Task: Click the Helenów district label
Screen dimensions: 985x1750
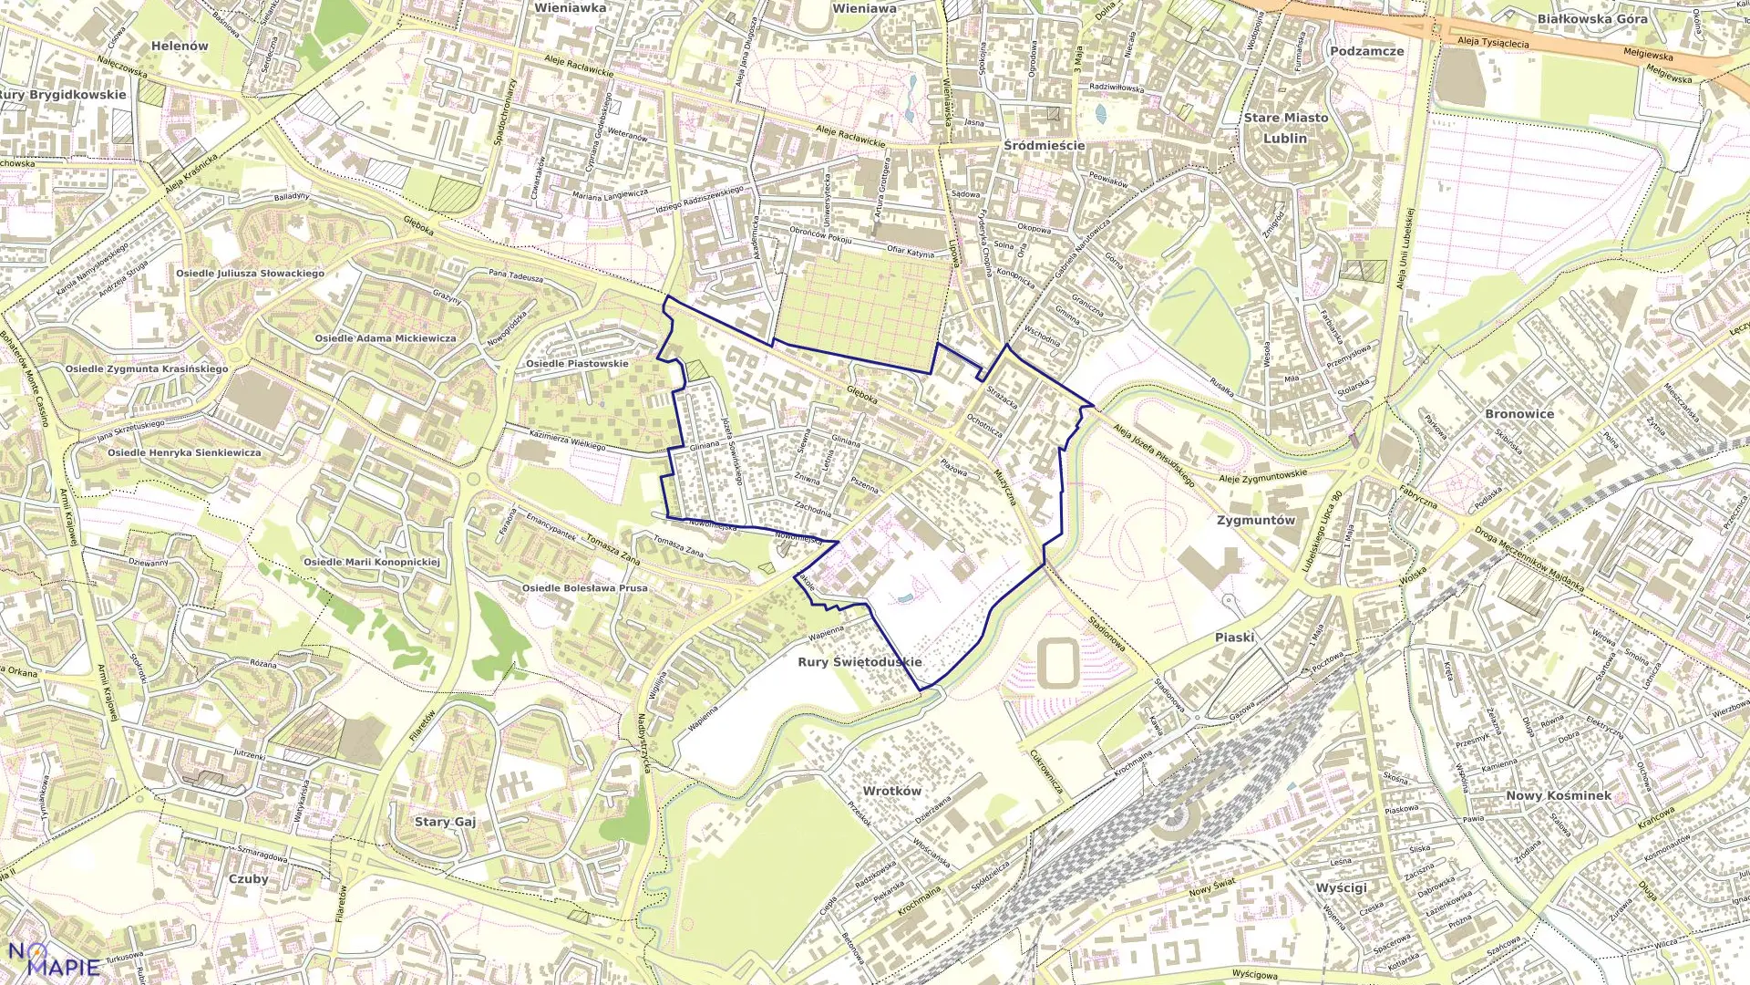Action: coord(180,46)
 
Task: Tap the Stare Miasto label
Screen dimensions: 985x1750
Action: coord(1285,118)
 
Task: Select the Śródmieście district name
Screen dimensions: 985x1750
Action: coord(1044,145)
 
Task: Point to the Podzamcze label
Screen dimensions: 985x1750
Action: coord(1366,51)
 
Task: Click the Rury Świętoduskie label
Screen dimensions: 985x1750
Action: coord(860,662)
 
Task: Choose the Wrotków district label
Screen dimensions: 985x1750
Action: coord(891,791)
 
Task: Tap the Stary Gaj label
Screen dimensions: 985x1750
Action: coord(445,822)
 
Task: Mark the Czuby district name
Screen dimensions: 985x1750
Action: coord(248,879)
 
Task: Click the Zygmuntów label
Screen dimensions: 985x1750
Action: coord(1255,520)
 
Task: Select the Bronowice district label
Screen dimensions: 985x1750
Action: coord(1518,414)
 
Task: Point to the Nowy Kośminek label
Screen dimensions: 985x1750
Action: coord(1558,795)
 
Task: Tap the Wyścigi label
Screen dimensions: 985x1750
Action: coord(1341,887)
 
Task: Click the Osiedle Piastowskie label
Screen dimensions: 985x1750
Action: coord(577,364)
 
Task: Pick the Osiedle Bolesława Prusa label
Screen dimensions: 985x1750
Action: coord(584,588)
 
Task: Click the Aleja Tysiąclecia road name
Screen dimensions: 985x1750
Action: coord(1492,42)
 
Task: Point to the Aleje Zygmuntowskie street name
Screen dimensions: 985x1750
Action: coord(1262,475)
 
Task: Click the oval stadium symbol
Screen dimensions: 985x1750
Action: coord(1057,663)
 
